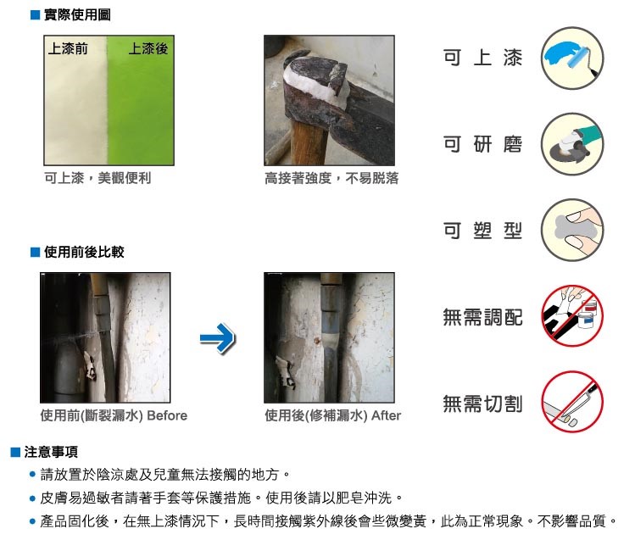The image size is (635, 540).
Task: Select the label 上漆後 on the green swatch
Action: click(148, 49)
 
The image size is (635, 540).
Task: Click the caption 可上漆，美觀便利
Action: click(97, 179)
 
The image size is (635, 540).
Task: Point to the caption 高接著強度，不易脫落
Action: click(331, 179)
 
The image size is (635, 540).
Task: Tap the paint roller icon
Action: click(571, 57)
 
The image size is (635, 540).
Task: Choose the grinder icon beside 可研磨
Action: click(571, 144)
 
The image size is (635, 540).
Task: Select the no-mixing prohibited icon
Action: click(571, 316)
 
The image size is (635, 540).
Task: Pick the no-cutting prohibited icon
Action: click(571, 403)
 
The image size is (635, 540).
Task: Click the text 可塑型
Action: click(482, 231)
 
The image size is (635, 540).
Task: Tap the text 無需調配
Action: click(482, 317)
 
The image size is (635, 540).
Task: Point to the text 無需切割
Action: click(482, 404)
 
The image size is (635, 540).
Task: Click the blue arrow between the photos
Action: click(217, 340)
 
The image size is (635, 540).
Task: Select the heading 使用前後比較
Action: click(84, 252)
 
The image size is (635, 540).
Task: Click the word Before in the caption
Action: click(168, 415)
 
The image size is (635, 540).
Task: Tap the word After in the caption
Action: click(386, 415)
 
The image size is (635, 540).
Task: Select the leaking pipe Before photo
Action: click(107, 337)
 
